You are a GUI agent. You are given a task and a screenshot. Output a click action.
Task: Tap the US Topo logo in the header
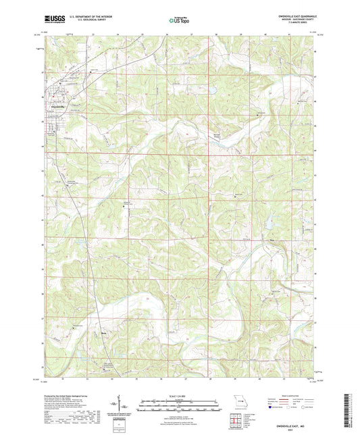[178, 21]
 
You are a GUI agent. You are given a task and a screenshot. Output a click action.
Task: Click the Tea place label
[272, 239]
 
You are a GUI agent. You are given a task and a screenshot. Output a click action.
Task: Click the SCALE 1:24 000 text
[179, 396]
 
